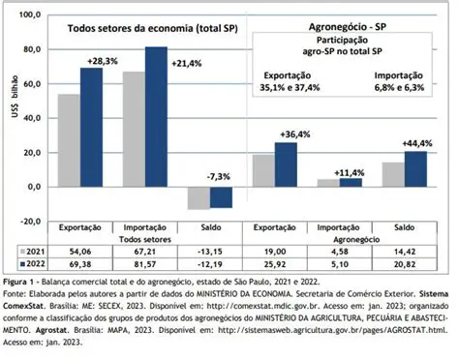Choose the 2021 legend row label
(x=34, y=250)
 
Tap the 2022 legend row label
(x=34, y=263)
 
